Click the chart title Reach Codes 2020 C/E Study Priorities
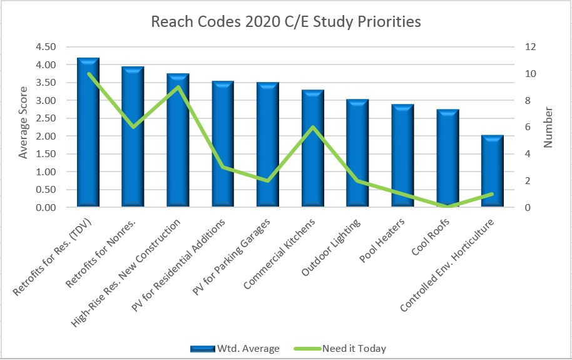pyautogui.click(x=286, y=21)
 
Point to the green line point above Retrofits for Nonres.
pyautogui.click(x=133, y=127)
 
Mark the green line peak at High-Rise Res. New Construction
pyautogui.click(x=178, y=87)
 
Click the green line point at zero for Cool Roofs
pyautogui.click(x=447, y=207)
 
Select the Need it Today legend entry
pyautogui.click(x=354, y=349)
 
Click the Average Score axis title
pyautogui.click(x=24, y=127)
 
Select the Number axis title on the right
pyautogui.click(x=549, y=127)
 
